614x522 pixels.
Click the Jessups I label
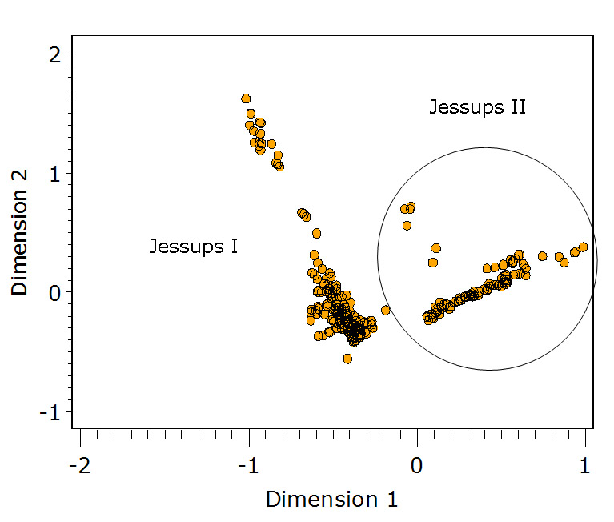click(193, 246)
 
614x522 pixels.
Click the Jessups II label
click(477, 106)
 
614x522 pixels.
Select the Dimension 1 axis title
click(331, 500)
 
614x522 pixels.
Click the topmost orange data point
click(246, 98)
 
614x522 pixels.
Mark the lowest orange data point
click(347, 359)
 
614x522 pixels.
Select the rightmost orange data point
click(583, 247)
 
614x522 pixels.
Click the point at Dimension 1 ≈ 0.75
click(542, 256)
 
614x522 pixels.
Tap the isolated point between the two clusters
click(385, 310)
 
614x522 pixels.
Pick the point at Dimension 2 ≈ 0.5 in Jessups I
click(316, 234)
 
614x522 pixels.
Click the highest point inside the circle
click(411, 207)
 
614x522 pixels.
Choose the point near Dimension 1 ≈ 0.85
click(559, 257)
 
